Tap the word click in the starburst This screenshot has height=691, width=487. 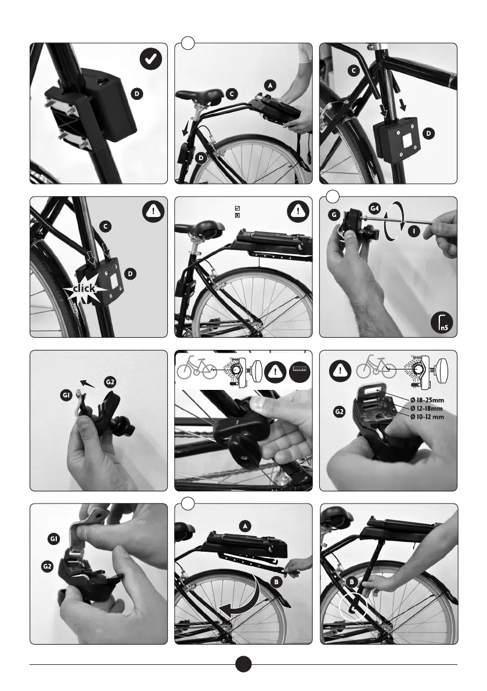(84, 288)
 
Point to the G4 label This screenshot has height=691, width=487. (374, 208)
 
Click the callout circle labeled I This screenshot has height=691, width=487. (413, 230)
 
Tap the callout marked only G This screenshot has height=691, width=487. (334, 215)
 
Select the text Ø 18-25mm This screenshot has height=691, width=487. (427, 400)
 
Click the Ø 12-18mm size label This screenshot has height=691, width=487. (426, 408)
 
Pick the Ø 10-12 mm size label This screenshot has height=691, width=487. (427, 417)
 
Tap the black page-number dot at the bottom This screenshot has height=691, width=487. (243, 664)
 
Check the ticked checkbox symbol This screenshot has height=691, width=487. (237, 208)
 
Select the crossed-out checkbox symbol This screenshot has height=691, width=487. (237, 215)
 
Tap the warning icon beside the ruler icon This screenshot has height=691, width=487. (275, 371)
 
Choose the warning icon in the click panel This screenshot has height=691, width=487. (153, 211)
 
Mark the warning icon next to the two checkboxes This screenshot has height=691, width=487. (298, 211)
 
